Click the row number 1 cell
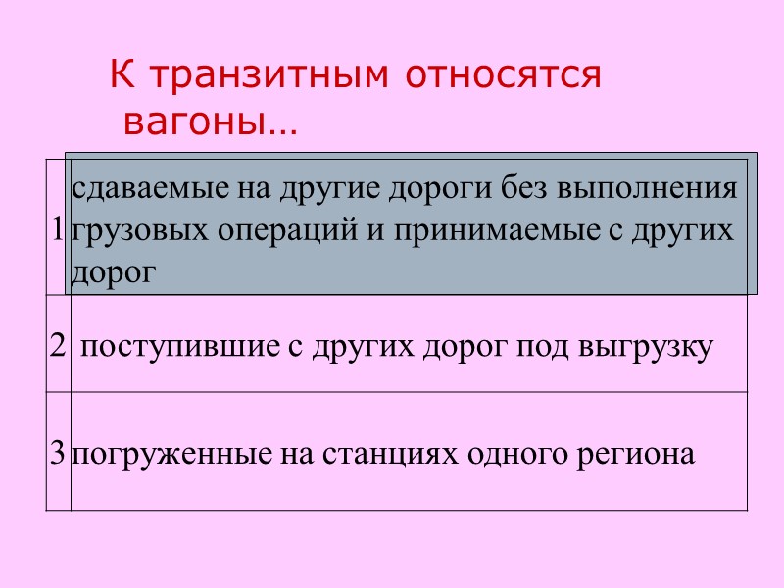[x=58, y=229]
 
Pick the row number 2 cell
[x=57, y=346]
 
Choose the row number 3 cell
[x=59, y=454]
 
